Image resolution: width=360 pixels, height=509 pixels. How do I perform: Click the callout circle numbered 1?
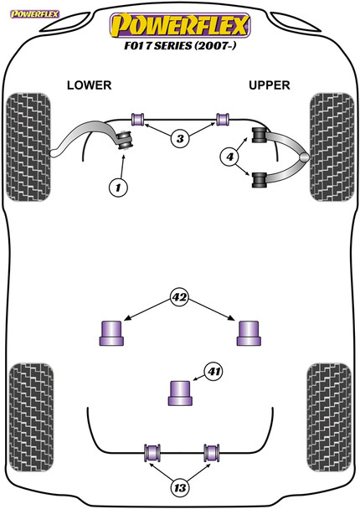[x=118, y=188]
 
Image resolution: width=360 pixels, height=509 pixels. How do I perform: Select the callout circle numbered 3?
[x=180, y=139]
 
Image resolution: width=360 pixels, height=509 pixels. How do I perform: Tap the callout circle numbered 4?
[x=230, y=157]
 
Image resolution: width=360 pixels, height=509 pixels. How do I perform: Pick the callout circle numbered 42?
[x=180, y=297]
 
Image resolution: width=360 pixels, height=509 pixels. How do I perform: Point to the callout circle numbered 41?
[x=214, y=371]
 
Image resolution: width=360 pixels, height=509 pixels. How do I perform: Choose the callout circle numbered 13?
[x=180, y=487]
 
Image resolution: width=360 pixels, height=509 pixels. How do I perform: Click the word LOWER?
[x=90, y=85]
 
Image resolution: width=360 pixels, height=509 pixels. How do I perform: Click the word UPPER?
[x=270, y=85]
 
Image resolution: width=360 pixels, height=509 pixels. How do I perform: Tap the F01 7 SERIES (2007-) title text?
[x=180, y=46]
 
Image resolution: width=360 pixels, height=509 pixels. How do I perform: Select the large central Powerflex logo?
[x=180, y=25]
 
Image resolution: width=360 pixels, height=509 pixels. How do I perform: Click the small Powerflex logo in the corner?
[x=34, y=14]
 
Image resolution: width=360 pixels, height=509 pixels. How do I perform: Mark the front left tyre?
[x=29, y=147]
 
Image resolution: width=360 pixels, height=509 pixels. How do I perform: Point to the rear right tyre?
[x=329, y=418]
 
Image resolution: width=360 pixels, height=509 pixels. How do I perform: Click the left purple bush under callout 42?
[x=111, y=333]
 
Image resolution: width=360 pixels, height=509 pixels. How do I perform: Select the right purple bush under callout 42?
[x=249, y=333]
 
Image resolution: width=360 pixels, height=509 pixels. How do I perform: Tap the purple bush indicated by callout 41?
[x=180, y=393]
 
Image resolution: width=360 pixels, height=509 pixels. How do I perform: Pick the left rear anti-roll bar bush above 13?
[x=152, y=453]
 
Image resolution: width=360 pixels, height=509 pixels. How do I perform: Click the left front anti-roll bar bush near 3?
[x=138, y=119]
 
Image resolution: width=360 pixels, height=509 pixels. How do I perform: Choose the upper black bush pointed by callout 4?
[x=259, y=135]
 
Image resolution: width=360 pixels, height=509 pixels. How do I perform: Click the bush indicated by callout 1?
[x=126, y=141]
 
